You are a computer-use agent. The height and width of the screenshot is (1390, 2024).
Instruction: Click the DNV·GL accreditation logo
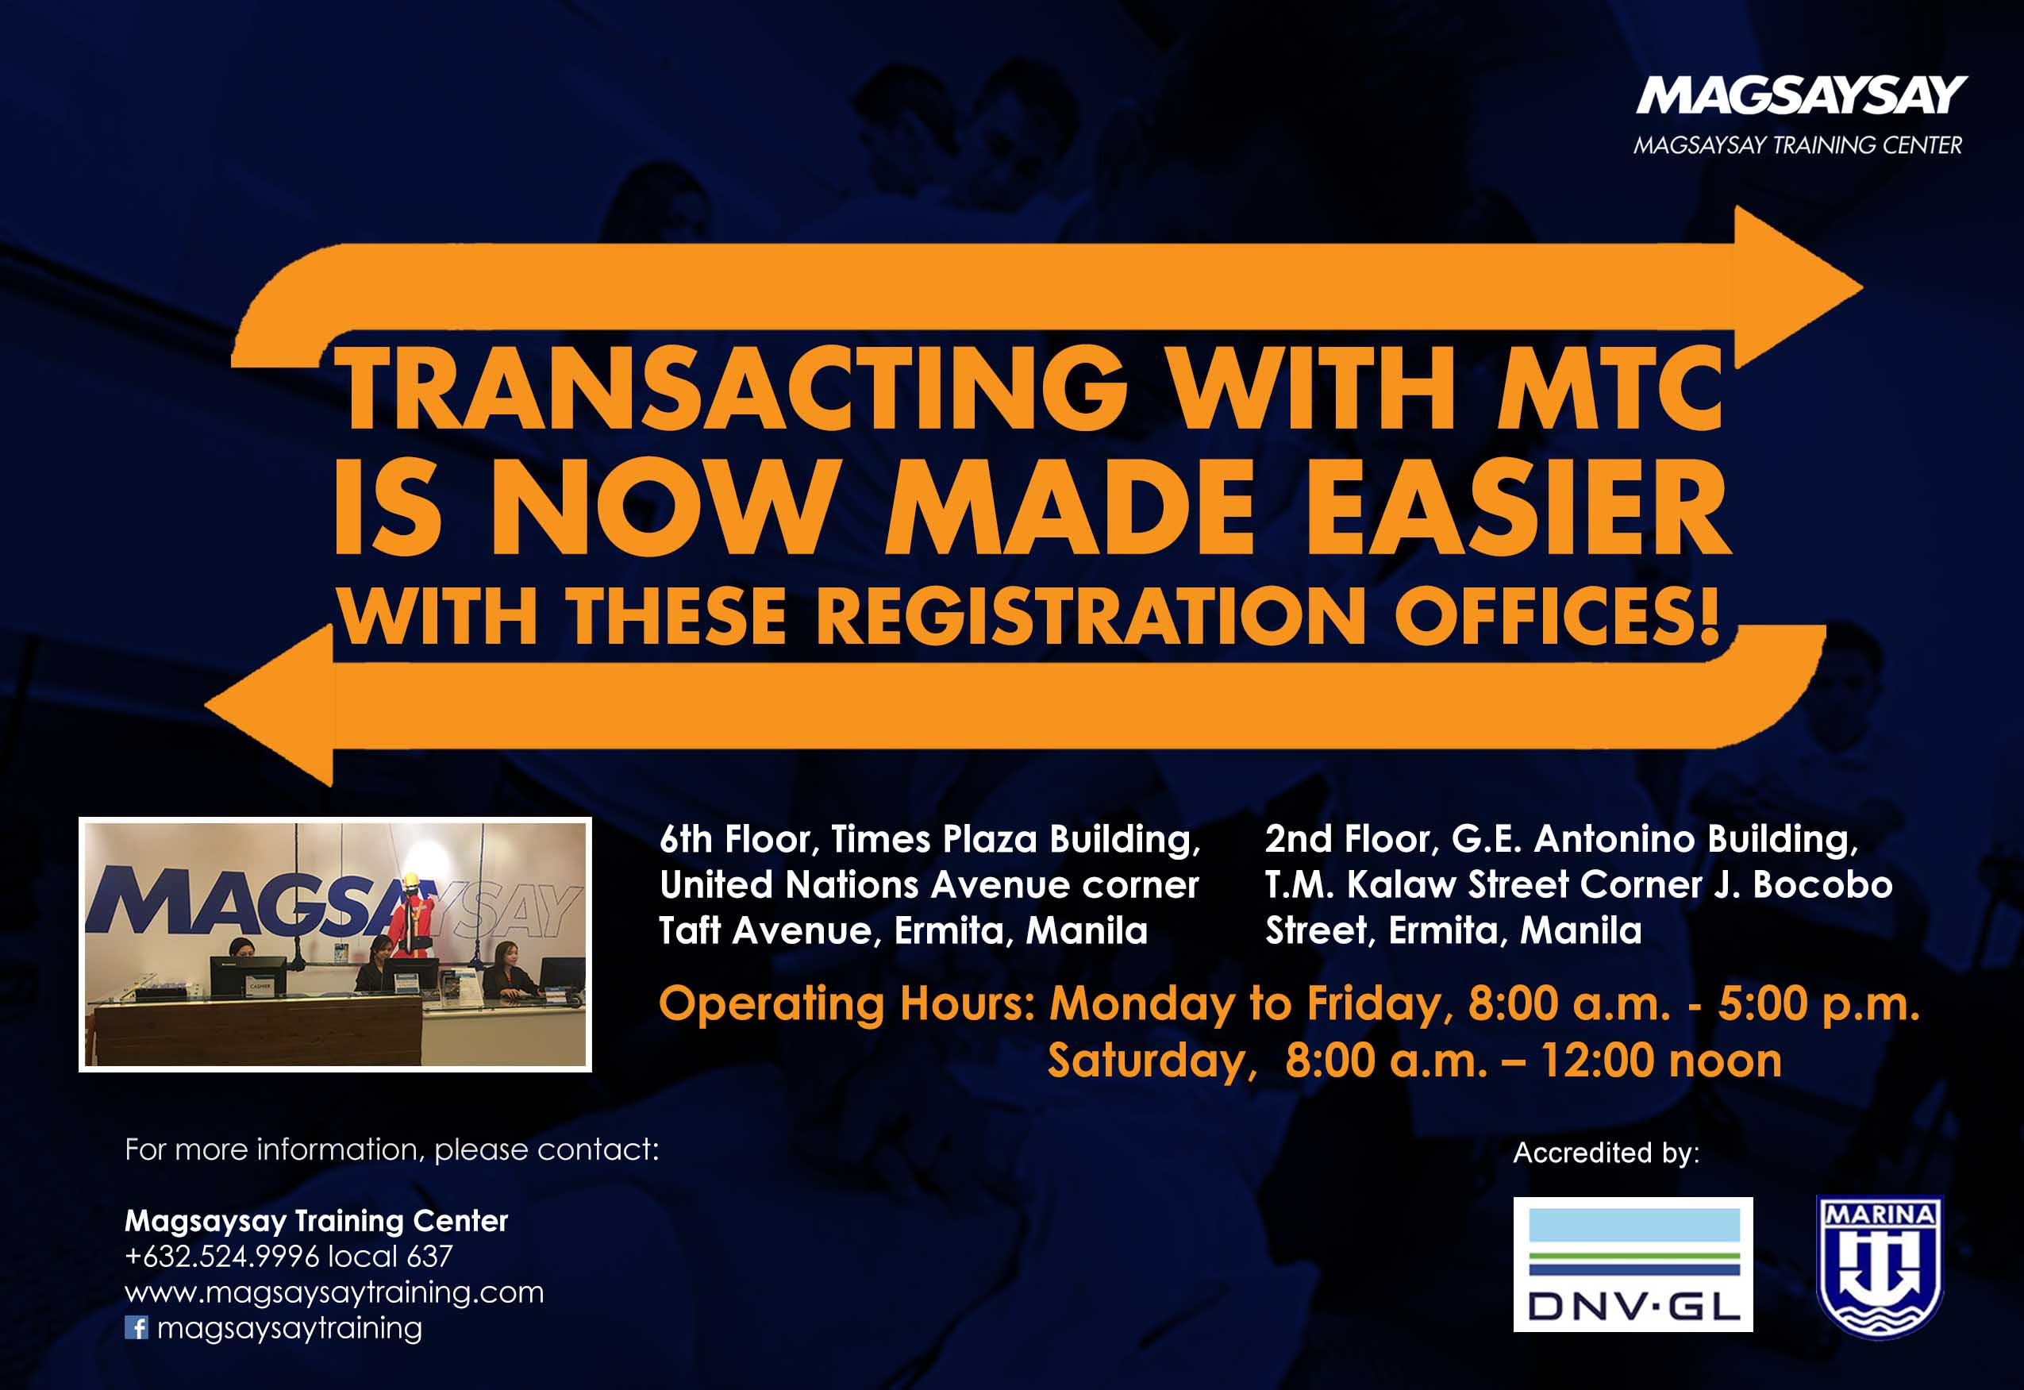click(1633, 1265)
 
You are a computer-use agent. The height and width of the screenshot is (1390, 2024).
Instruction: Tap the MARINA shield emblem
click(1880, 1267)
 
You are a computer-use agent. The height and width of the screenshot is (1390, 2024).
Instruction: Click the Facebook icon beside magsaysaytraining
click(136, 1328)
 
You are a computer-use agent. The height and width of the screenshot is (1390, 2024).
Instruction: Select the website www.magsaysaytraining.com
click(334, 1292)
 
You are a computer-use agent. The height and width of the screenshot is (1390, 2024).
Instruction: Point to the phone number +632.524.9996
click(222, 1257)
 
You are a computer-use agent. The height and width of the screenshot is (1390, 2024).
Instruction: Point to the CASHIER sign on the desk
click(260, 986)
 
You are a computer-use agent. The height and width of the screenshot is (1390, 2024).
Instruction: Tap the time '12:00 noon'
click(1662, 1061)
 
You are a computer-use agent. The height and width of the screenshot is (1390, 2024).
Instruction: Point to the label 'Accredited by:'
click(1607, 1153)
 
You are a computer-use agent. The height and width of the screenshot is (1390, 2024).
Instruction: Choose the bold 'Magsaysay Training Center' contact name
click(316, 1221)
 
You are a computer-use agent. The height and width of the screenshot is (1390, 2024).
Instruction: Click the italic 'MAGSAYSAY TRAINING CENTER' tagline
click(1798, 145)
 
